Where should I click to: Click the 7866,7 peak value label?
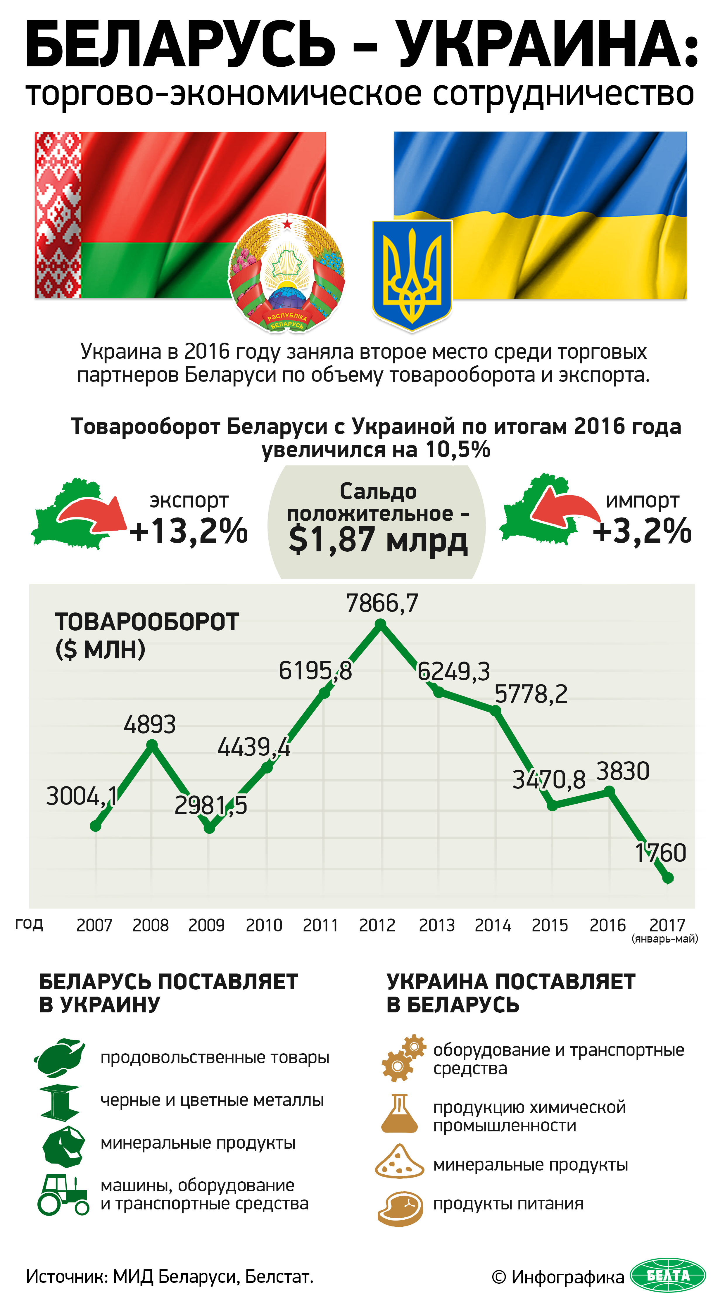click(x=382, y=604)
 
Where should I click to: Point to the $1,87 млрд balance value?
click(x=378, y=540)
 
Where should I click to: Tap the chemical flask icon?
click(x=400, y=1114)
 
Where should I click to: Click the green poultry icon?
click(x=60, y=1057)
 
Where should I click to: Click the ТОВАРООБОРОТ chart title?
click(x=146, y=622)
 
